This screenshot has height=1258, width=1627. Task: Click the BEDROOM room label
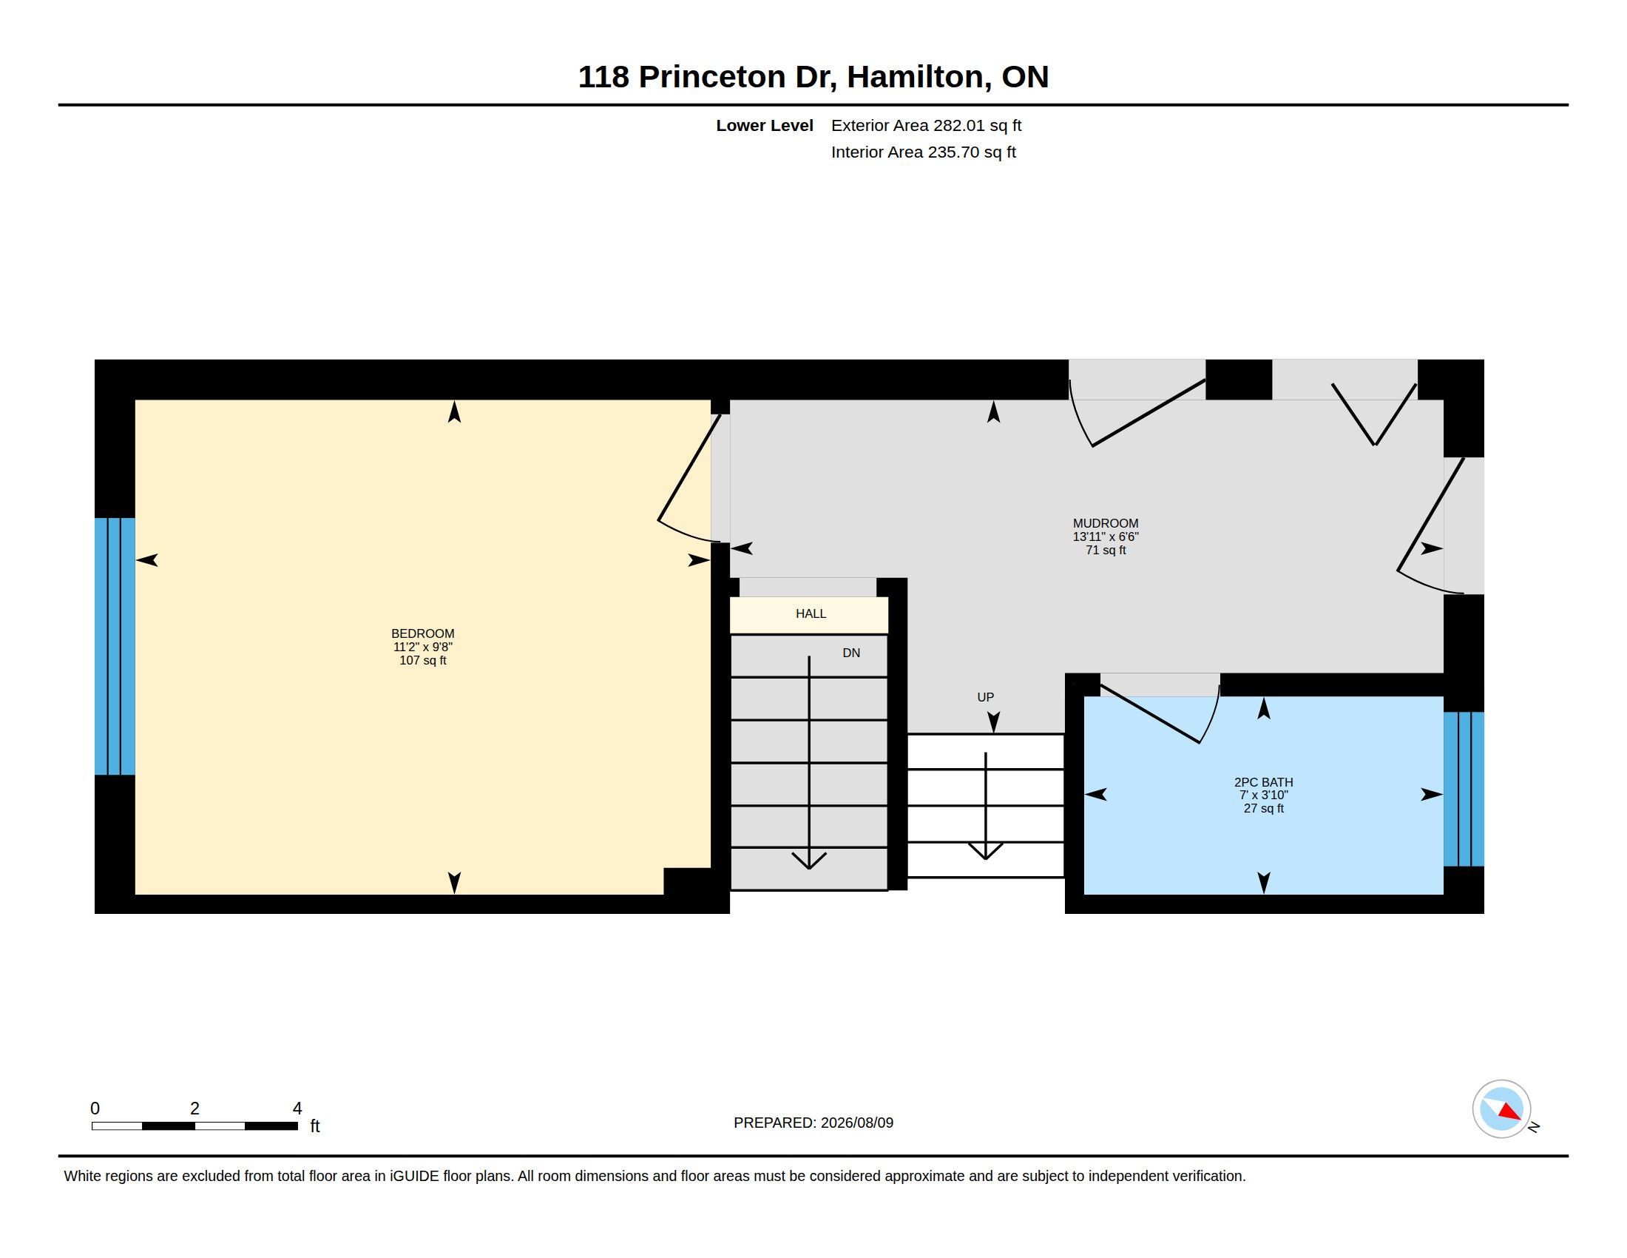pos(422,633)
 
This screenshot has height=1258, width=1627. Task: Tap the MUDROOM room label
pos(1106,523)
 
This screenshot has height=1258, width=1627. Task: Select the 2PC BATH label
pos(1263,781)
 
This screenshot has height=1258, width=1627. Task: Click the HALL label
pos(811,613)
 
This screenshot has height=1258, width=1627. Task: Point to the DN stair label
pos(851,653)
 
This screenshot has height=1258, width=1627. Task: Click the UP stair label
pos(986,697)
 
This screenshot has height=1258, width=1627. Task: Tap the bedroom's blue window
pos(115,646)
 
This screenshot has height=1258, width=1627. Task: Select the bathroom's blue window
pos(1464,790)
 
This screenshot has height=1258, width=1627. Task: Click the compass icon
pos(1502,1109)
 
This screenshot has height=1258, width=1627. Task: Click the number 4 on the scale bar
pos(297,1109)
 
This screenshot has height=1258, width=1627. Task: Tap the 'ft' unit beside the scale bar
pos(315,1126)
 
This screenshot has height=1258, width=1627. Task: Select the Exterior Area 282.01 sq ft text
pos(926,125)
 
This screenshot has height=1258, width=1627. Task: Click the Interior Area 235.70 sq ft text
pos(924,152)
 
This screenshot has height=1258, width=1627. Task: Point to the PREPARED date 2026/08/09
pos(856,1123)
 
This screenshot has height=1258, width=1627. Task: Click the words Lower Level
pos(765,125)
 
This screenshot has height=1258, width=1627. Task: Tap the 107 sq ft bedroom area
pos(422,660)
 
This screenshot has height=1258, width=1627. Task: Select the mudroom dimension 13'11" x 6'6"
pos(1106,536)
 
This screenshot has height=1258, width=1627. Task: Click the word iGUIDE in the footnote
pos(414,1176)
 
